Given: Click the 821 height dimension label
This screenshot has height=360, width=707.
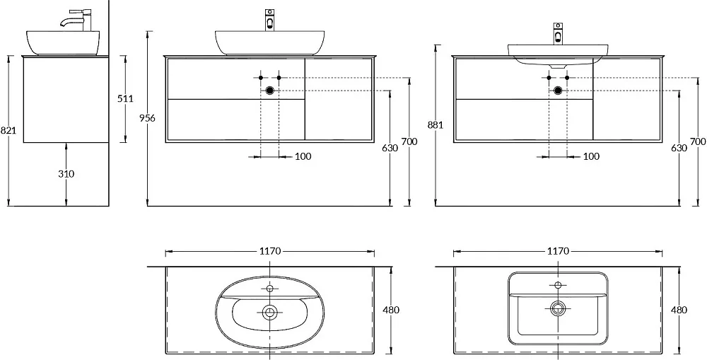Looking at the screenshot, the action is click(8, 131).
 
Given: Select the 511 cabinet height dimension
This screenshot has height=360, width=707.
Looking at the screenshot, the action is click(125, 99).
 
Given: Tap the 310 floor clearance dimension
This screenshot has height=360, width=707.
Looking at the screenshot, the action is click(66, 174).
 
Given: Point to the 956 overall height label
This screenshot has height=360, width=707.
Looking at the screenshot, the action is click(148, 118).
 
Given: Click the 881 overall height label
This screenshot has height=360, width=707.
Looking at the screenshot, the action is click(435, 125).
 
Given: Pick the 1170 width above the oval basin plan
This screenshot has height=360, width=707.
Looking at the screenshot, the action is click(270, 251).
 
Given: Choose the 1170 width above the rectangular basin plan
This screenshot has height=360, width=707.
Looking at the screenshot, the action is click(558, 251).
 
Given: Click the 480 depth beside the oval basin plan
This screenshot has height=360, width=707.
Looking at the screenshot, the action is click(391, 310).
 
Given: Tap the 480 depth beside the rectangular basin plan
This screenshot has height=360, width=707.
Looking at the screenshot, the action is click(679, 310).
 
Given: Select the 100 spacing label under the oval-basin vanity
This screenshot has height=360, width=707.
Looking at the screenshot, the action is click(303, 156).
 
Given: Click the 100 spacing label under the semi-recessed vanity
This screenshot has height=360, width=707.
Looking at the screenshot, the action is click(591, 156).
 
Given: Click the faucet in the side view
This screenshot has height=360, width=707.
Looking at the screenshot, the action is click(76, 21).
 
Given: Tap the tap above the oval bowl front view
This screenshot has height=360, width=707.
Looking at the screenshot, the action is click(269, 21).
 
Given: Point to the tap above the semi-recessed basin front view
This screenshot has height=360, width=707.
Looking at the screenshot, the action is click(559, 34).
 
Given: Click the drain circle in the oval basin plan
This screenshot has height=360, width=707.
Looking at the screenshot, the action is click(270, 311).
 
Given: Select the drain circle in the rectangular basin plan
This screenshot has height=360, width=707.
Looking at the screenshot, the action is click(559, 308).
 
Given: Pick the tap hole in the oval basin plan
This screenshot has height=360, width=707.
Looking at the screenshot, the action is click(270, 289).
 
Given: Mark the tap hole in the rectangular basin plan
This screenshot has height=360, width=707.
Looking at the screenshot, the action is click(559, 284).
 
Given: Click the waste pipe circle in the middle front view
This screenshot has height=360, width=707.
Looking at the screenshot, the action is click(270, 91).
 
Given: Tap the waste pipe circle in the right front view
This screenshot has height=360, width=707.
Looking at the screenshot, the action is click(558, 91).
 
